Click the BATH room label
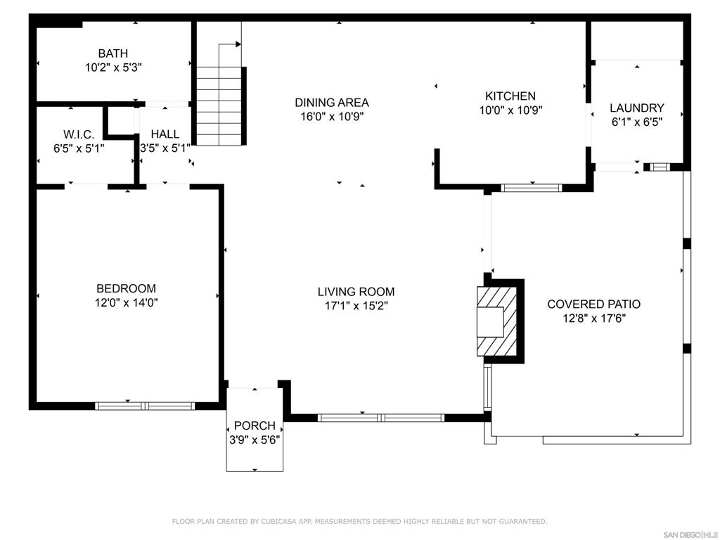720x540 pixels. [x=113, y=53]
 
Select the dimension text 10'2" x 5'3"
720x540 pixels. [x=113, y=67]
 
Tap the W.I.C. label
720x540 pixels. [x=79, y=134]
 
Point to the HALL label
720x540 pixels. [x=165, y=134]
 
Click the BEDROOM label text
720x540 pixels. [x=127, y=288]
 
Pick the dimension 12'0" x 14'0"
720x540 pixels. [x=127, y=302]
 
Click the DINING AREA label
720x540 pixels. [x=332, y=103]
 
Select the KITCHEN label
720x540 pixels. [x=510, y=96]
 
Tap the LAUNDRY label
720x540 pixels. [x=637, y=108]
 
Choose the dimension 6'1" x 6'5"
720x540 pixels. [x=637, y=122]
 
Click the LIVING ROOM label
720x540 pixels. [x=356, y=292]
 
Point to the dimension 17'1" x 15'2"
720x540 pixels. [x=356, y=306]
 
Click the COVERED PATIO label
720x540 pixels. [x=594, y=304]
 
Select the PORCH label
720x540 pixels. [x=255, y=425]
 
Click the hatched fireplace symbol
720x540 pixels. [x=497, y=321]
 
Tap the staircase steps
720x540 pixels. [x=219, y=107]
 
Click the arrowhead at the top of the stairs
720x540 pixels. [x=238, y=44]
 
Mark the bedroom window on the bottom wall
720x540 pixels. [x=145, y=406]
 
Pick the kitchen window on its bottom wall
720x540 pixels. [x=532, y=187]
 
